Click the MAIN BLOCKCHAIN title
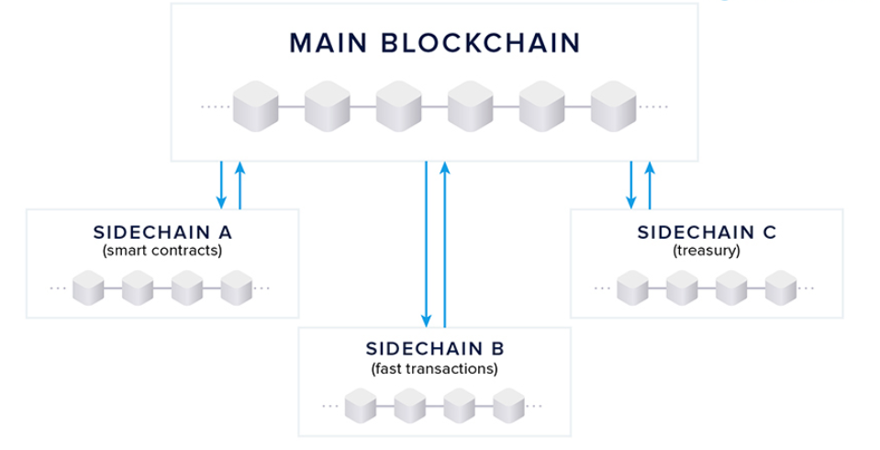[434, 42]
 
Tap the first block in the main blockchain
[255, 106]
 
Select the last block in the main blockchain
[613, 106]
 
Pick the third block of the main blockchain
[398, 106]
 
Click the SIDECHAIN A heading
[162, 232]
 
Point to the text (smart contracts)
[162, 250]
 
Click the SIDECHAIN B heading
[435, 349]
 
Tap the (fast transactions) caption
[435, 368]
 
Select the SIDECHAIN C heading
[707, 232]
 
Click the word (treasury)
[707, 250]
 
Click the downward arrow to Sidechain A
[221, 184]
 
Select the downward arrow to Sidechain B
[426, 243]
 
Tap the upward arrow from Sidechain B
[445, 243]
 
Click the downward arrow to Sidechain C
[630, 184]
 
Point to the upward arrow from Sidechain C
[650, 184]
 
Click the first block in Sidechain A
[88, 287]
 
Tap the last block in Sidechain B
[508, 405]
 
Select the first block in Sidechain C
[632, 287]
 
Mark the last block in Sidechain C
[781, 287]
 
